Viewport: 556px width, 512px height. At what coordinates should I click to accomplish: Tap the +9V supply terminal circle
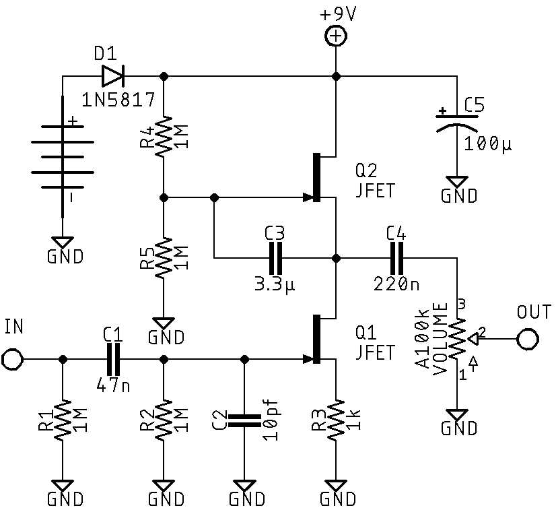[335, 36]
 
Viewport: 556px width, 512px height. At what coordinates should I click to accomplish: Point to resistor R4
[163, 137]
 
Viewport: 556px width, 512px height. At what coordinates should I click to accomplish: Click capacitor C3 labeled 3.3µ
[275, 258]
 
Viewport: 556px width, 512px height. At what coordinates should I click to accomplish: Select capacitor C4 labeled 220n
[396, 258]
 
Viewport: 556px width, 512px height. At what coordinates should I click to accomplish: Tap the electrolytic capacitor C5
[458, 122]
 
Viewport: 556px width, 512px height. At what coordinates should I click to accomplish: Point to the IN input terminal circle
[12, 359]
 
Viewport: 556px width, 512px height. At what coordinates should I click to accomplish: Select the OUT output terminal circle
[527, 339]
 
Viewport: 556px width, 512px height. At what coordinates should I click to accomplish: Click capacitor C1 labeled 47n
[113, 359]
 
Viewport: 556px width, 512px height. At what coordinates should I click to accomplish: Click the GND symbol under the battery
[63, 243]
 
